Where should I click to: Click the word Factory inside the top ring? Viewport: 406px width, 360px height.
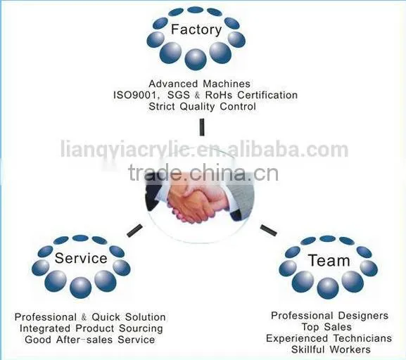tap(196, 30)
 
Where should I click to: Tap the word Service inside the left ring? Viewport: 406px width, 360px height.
tap(81, 258)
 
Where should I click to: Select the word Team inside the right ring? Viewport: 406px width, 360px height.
tap(329, 260)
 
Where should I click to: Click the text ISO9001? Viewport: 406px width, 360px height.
tap(135, 95)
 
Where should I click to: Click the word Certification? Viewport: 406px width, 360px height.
tap(267, 95)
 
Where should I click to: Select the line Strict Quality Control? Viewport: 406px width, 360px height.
tap(203, 107)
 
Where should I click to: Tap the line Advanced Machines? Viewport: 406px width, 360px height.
tap(200, 84)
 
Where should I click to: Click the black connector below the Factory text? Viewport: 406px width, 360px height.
tap(202, 127)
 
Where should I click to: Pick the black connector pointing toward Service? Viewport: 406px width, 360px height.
tap(134, 231)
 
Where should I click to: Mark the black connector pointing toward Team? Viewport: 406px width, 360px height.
tap(269, 231)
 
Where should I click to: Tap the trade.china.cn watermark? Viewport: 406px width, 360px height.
tap(203, 173)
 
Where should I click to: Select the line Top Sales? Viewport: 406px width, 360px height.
tap(326, 327)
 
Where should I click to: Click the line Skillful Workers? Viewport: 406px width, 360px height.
tap(331, 349)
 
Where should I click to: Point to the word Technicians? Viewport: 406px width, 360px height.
tap(362, 338)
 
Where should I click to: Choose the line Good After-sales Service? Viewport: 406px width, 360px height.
tap(90, 340)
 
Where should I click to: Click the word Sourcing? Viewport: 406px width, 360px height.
tap(141, 328)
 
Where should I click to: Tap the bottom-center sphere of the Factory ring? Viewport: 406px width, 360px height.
tap(196, 59)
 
